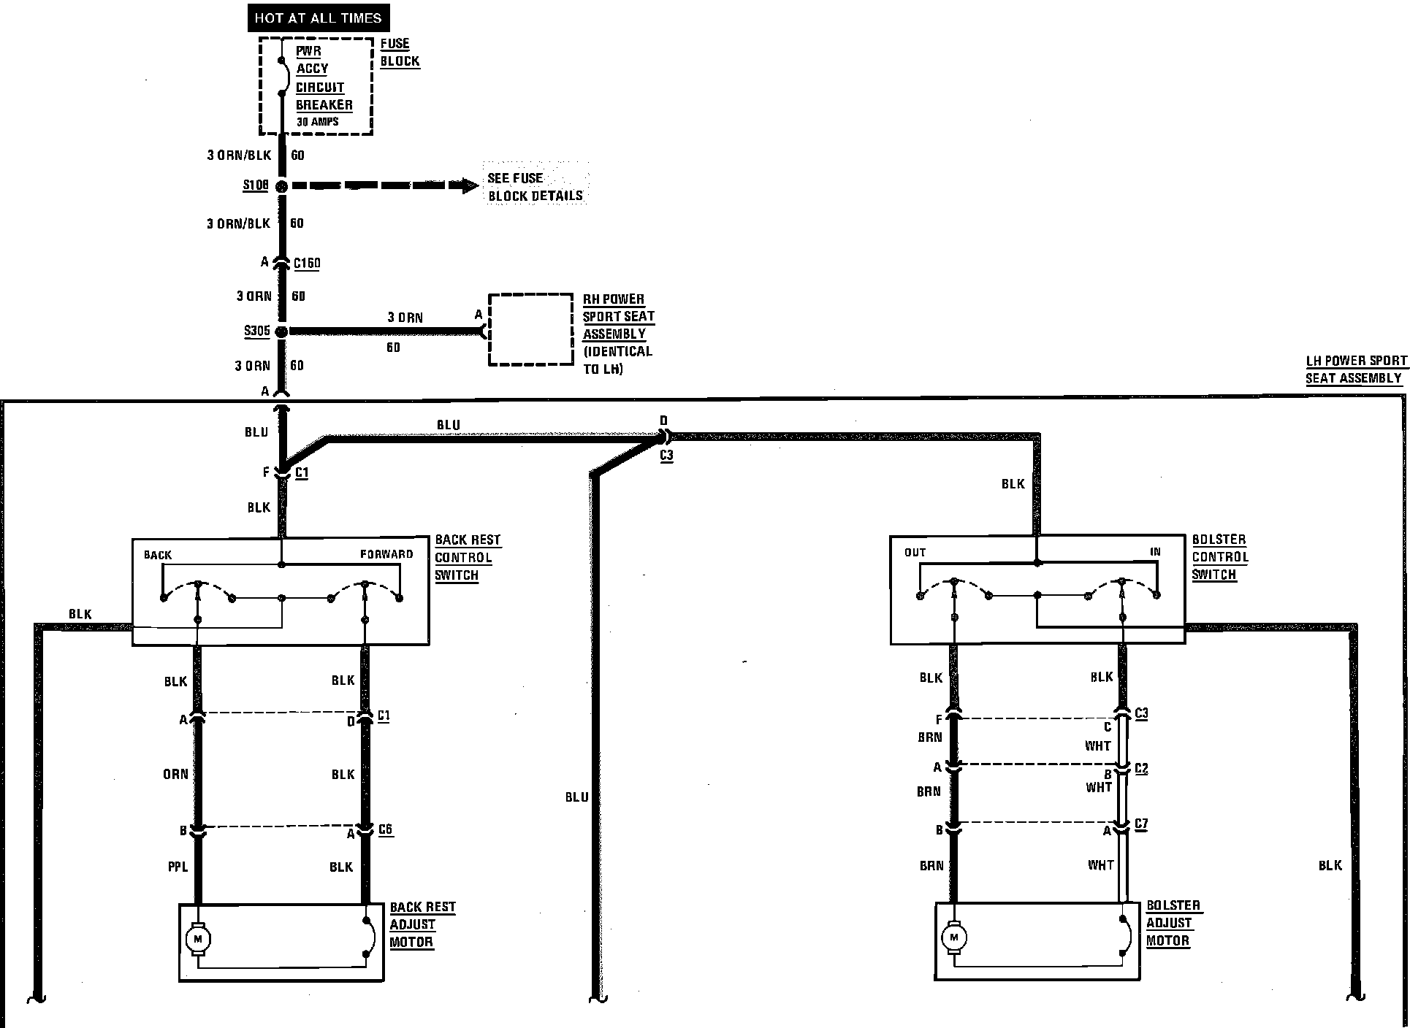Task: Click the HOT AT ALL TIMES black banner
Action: point(318,18)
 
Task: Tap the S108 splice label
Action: point(256,185)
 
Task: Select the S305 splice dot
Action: point(281,331)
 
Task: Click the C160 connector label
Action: point(307,263)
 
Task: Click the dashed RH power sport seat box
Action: point(530,329)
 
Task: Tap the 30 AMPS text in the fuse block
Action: point(317,122)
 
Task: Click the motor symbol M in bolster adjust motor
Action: point(953,937)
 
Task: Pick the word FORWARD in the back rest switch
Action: point(386,554)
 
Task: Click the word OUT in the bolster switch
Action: point(915,553)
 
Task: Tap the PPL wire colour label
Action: point(178,867)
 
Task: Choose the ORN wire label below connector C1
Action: point(175,774)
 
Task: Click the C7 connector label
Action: point(1141,824)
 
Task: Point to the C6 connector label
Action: point(385,829)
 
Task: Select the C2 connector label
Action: point(1141,769)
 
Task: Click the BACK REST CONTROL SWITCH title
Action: point(468,557)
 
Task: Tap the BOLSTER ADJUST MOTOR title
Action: point(1173,923)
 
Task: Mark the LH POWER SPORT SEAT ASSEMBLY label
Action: point(1355,369)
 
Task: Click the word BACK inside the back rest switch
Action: point(158,555)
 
